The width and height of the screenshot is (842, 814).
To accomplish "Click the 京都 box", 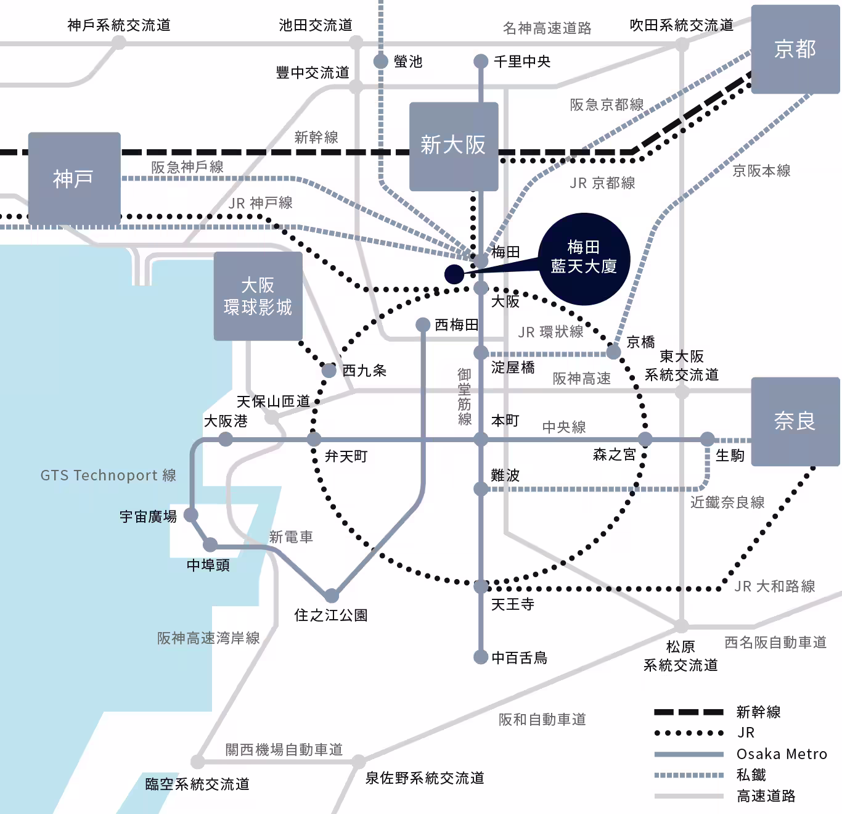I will tap(795, 49).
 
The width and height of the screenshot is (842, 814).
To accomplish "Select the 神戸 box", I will tap(74, 179).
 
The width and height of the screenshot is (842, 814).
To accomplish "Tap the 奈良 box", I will tap(795, 421).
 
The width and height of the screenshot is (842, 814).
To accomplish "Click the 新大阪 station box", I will tap(454, 146).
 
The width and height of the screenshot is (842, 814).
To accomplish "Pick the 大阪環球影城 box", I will tap(258, 296).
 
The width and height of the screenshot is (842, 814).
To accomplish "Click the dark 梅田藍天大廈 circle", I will tap(584, 258).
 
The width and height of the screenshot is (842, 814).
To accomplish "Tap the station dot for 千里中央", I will tap(481, 62).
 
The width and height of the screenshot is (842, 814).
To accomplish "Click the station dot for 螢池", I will tap(381, 62).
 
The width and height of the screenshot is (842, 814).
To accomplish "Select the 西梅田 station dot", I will tap(423, 325).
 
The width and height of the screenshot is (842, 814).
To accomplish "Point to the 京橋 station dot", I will tap(613, 352).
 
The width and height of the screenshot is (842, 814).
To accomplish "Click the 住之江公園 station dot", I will tap(332, 596).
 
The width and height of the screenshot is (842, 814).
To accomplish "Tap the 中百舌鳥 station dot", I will tap(481, 657).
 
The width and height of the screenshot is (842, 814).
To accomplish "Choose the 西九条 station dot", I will tap(329, 371).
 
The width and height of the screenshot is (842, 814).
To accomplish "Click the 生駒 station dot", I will tap(707, 439).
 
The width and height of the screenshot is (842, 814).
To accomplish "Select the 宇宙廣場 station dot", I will tap(191, 514).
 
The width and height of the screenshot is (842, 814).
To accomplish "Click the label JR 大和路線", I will tap(774, 586).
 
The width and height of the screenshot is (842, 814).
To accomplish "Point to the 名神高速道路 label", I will tap(547, 28).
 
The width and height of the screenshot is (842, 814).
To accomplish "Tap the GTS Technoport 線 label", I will tap(108, 475).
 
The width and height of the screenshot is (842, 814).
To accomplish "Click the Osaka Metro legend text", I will tap(782, 754).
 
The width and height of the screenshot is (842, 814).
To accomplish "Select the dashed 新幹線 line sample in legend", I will tap(689, 712).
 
